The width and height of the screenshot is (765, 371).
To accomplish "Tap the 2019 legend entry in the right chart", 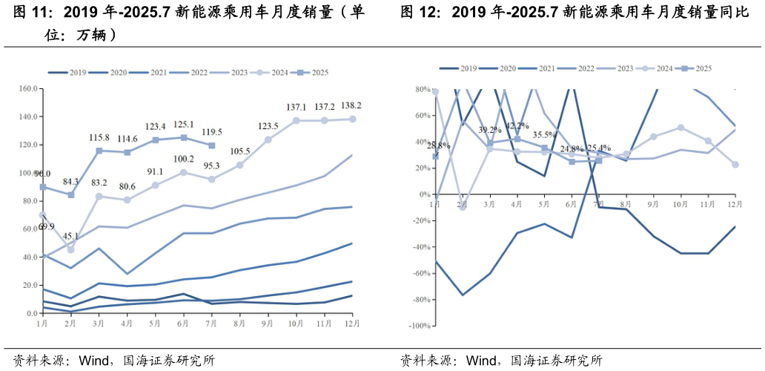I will pyautogui.click(x=459, y=68).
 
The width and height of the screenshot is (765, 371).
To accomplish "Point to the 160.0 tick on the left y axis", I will pyautogui.click(x=27, y=88).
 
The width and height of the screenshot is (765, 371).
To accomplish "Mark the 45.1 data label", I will pyautogui.click(x=71, y=237).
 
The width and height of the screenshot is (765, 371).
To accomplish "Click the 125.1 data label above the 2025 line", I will pyautogui.click(x=184, y=125).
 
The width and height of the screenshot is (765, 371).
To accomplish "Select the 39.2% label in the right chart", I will pyautogui.click(x=489, y=130).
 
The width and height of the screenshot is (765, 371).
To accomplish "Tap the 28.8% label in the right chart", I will pyautogui.click(x=438, y=145).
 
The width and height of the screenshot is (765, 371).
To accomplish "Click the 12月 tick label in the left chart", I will pyautogui.click(x=352, y=324).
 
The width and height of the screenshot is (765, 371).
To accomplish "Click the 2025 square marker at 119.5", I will pyautogui.click(x=213, y=145).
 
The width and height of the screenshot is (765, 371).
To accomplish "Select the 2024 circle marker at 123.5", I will pyautogui.click(x=268, y=139).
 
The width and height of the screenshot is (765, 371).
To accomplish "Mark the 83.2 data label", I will pyautogui.click(x=98, y=183).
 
